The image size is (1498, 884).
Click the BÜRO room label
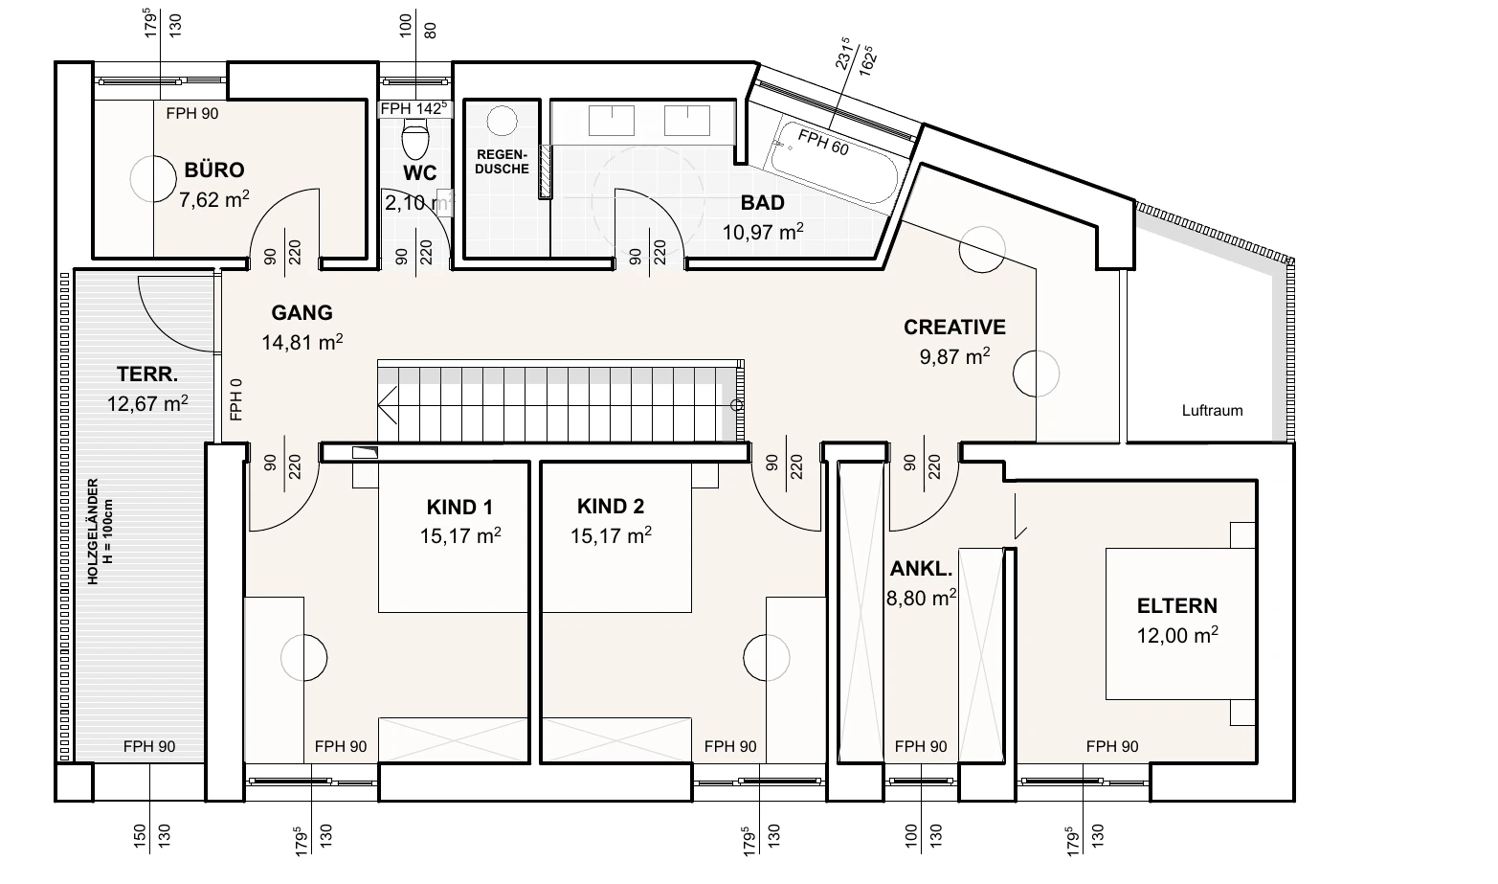click(214, 170)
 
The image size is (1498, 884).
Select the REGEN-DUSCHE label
click(502, 162)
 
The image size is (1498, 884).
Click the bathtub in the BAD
click(834, 163)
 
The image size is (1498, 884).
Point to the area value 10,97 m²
click(762, 232)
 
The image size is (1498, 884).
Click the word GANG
click(302, 312)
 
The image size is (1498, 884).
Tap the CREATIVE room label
click(954, 328)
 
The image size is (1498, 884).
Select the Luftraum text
click(1212, 410)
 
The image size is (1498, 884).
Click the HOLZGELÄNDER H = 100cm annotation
click(101, 532)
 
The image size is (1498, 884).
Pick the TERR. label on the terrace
click(147, 374)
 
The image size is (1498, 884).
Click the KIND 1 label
click(459, 508)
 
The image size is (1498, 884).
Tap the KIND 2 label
click(611, 507)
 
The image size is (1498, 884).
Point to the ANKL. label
click(921, 569)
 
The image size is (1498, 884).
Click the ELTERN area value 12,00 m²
click(1177, 634)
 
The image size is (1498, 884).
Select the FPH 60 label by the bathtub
click(823, 143)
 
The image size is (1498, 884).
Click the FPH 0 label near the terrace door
click(235, 399)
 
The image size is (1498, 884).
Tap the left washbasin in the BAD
click(612, 121)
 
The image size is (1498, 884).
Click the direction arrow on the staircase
click(388, 405)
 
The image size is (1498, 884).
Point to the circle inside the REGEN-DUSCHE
click(502, 121)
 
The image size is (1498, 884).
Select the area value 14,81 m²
click(302, 342)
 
